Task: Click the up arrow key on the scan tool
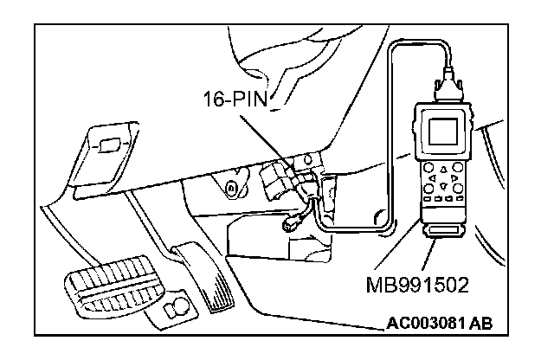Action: coord(445,167)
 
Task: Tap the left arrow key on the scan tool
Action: coord(435,176)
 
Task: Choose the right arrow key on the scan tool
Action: coord(455,176)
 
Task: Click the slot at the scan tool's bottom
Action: coord(442,232)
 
